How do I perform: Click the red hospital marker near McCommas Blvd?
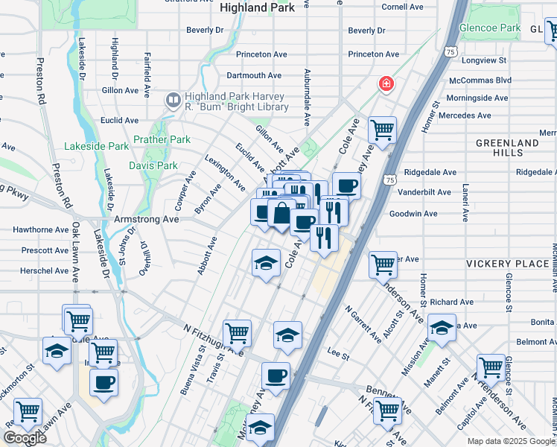386,83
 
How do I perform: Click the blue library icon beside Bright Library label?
173,99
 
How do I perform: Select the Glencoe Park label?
489,28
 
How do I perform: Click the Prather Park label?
162,139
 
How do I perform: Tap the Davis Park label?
153,165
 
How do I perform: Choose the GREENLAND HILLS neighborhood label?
507,148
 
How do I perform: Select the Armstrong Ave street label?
146,220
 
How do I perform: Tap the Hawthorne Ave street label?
36,230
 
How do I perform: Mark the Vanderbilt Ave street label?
424,191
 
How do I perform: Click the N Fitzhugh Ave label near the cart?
213,339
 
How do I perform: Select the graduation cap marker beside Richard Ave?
442,328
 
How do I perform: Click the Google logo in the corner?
25,438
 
